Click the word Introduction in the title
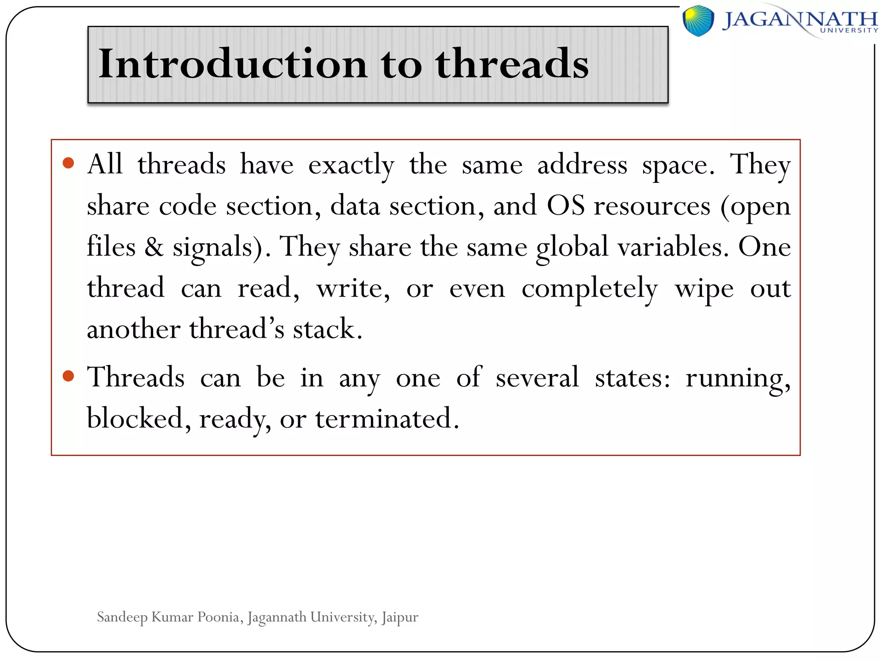(232, 64)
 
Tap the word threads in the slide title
(511, 64)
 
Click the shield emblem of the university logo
(698, 20)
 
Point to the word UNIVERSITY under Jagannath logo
(849, 31)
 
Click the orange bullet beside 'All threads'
(68, 163)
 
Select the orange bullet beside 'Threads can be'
(68, 376)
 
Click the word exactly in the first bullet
(351, 165)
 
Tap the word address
(582, 165)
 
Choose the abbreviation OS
(565, 206)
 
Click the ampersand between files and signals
(154, 247)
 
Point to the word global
(572, 247)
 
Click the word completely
(589, 288)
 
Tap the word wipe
(704, 288)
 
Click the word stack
(327, 329)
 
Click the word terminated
(387, 419)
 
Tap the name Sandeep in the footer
(122, 617)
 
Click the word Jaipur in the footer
(400, 617)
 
